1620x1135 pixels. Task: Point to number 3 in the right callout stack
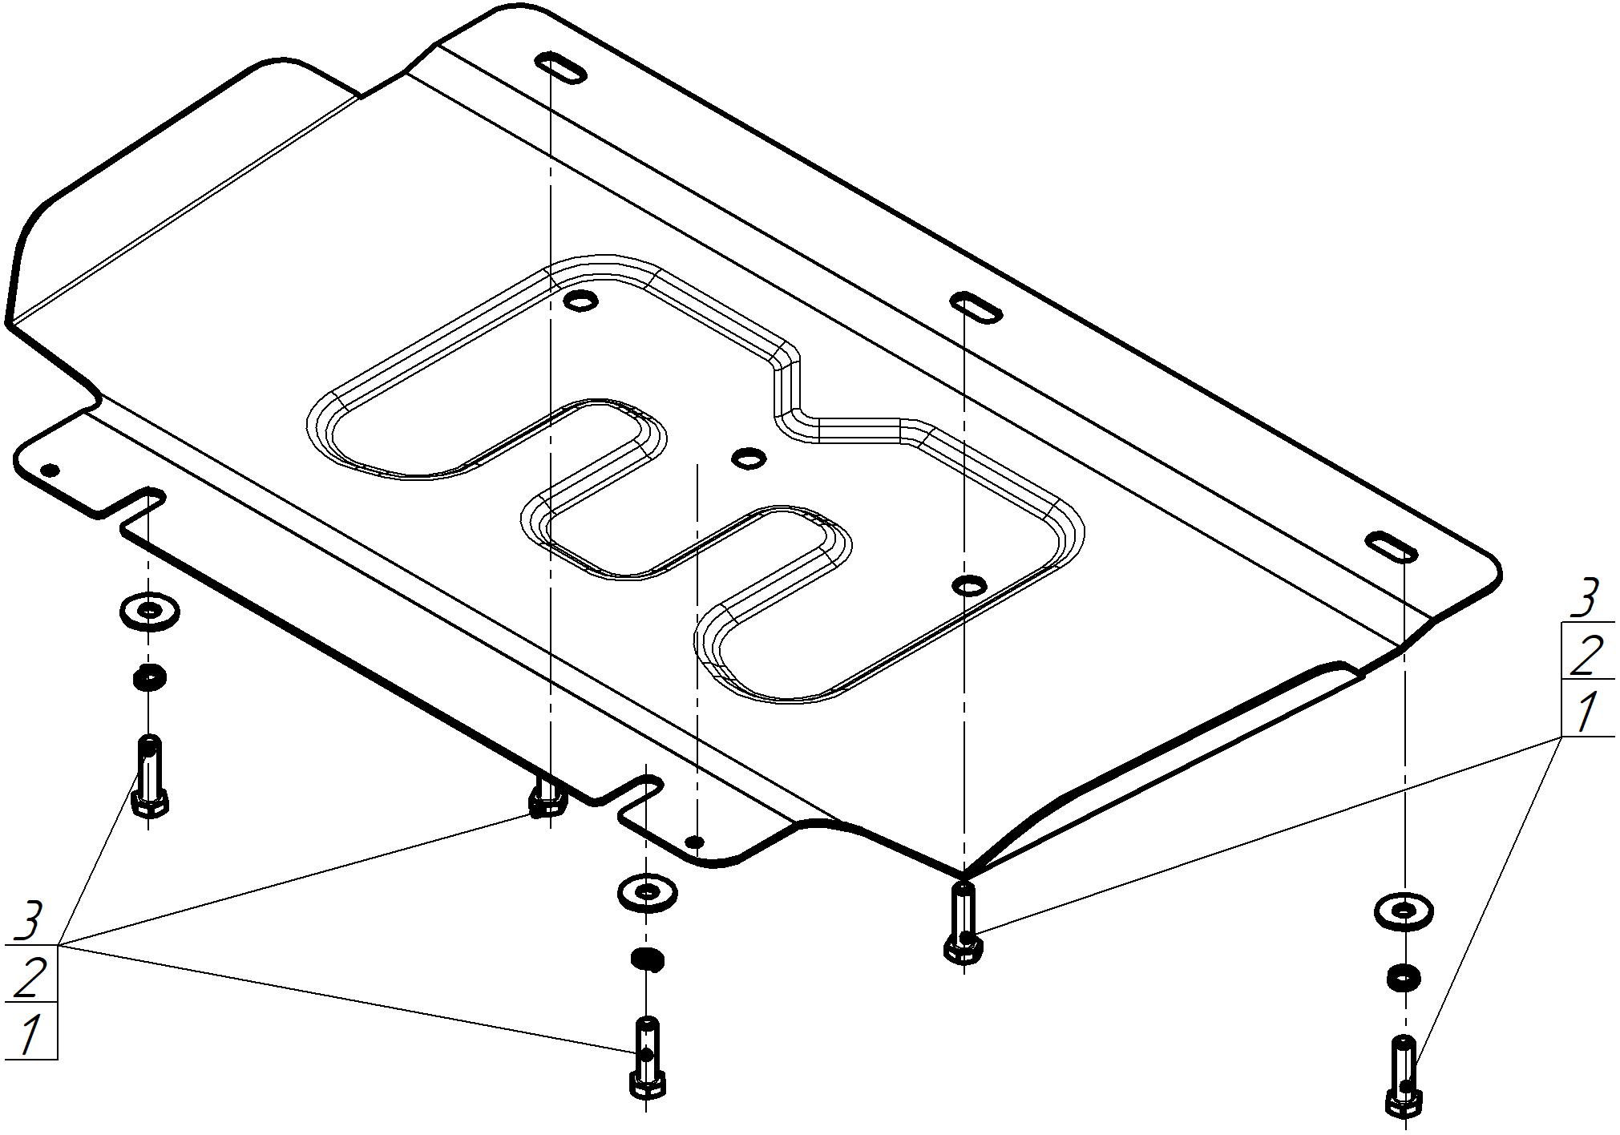coord(1584,598)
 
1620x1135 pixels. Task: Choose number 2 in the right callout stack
coord(1584,656)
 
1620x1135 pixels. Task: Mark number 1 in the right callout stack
coord(1585,713)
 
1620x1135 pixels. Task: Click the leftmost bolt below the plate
coord(150,776)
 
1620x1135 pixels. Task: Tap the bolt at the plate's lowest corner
coord(963,921)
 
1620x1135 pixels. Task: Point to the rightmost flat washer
coord(1404,911)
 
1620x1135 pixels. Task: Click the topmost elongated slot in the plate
coord(561,68)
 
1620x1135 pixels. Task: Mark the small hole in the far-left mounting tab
coord(50,470)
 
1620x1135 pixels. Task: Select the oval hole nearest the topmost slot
coord(580,301)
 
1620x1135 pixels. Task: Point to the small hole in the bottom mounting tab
coord(697,842)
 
